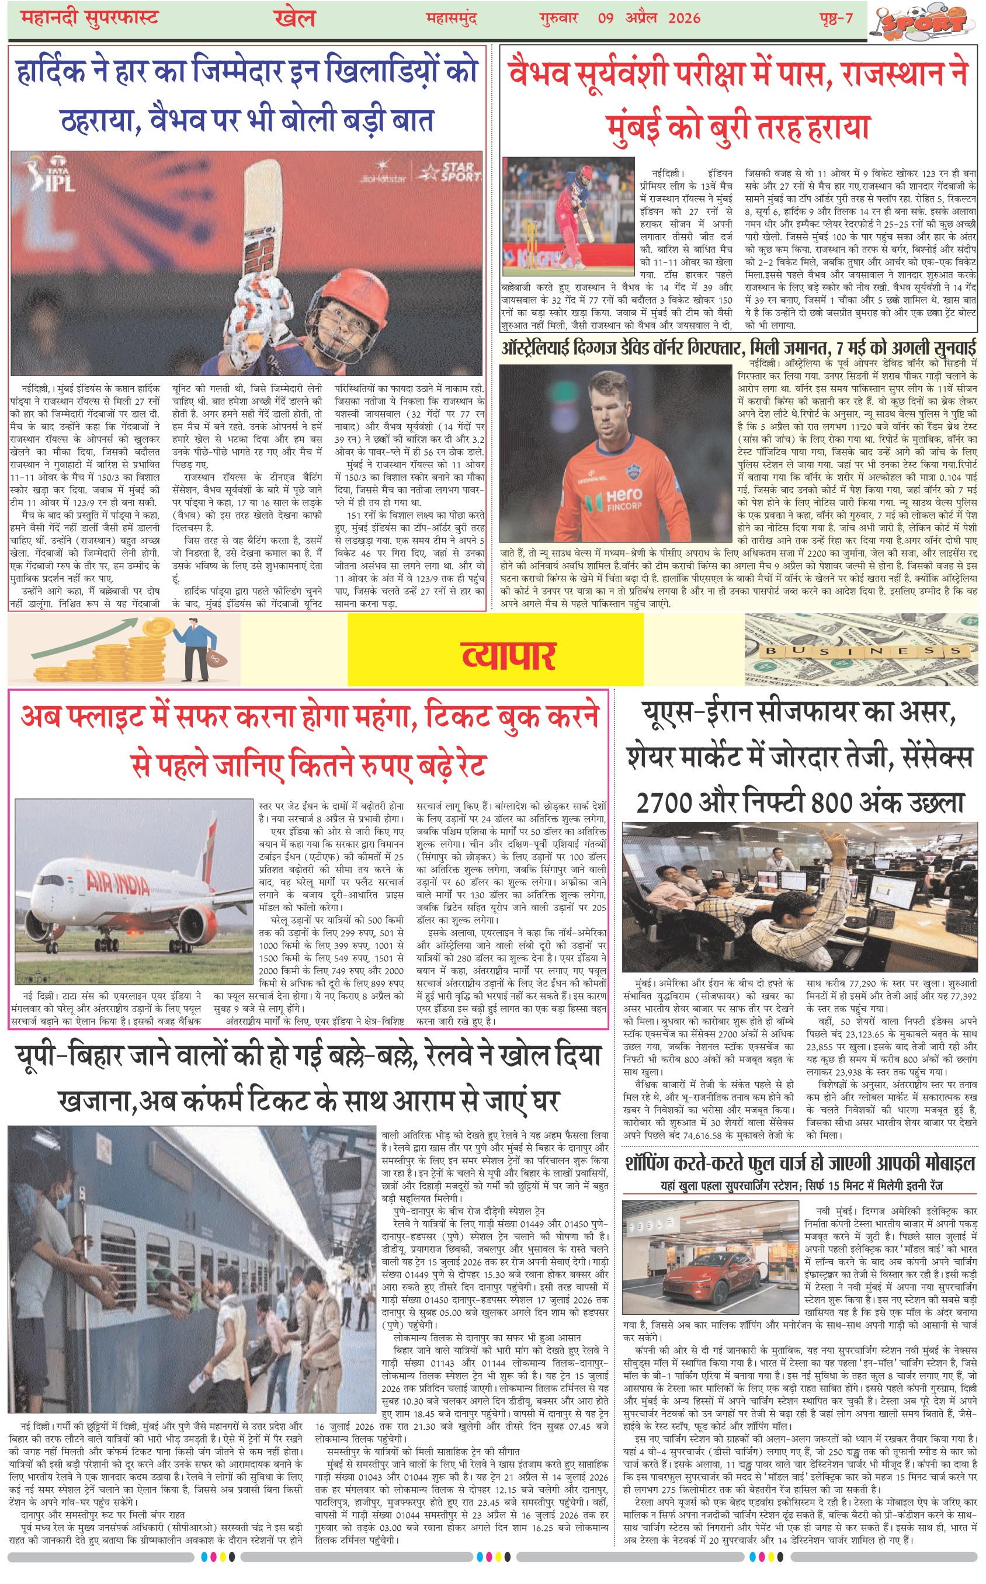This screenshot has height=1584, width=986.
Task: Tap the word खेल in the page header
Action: [295, 18]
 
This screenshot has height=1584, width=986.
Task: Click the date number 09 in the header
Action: [605, 18]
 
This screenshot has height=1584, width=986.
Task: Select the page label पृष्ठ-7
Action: [836, 18]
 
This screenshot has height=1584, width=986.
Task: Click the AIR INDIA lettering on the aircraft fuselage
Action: [118, 883]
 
